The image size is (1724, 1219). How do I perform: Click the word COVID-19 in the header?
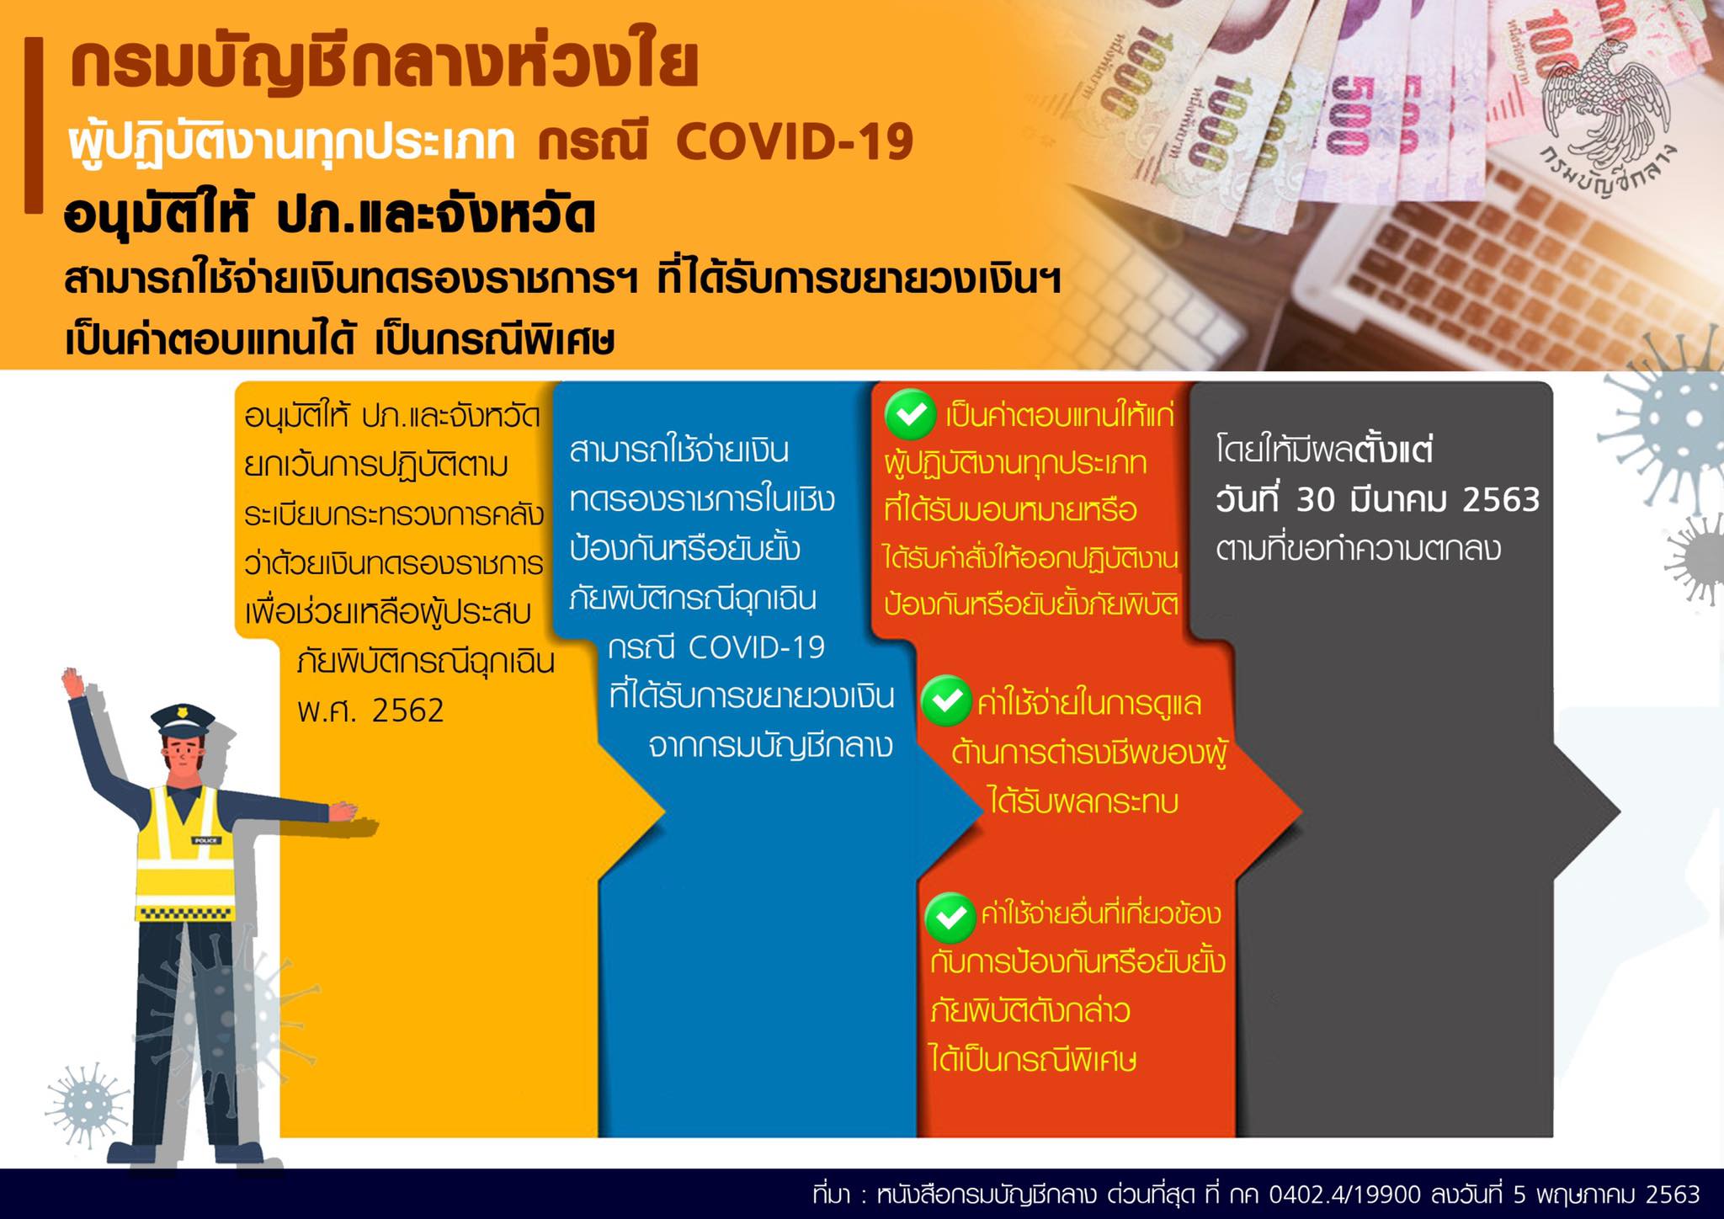(794, 141)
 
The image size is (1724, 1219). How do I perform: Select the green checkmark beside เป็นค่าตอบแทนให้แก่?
(911, 414)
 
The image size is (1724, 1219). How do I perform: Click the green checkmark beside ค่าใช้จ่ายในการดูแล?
(946, 700)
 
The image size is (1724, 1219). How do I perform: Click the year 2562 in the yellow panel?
(407, 711)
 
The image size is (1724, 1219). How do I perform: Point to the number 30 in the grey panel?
(1315, 500)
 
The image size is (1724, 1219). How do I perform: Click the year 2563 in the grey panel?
(1501, 500)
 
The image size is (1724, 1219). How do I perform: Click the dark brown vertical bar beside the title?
(33, 124)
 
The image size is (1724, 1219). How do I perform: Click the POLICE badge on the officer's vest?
(205, 840)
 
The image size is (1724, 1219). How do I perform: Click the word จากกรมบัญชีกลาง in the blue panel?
(770, 746)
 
